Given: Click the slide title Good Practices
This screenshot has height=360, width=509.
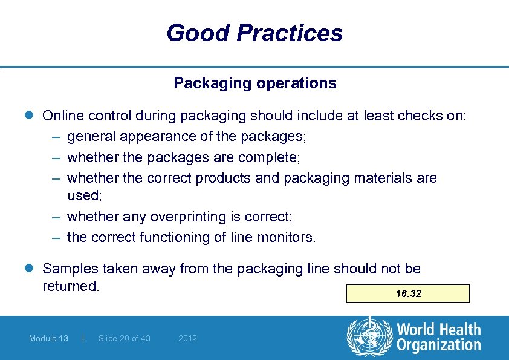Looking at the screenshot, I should pos(254,33).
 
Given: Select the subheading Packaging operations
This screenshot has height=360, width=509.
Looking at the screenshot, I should pos(254,83).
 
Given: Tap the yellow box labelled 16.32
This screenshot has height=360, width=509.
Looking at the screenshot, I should pos(408,293).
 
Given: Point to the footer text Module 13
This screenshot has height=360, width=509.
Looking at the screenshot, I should pos(48,338).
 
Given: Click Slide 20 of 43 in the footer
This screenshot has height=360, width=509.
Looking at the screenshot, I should pos(125,338).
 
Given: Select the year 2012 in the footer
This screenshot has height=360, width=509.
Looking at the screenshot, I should pos(187,338).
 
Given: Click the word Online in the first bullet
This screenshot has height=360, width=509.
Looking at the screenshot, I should pos(63,116).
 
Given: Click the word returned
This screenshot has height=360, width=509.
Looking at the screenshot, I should pos(70,286).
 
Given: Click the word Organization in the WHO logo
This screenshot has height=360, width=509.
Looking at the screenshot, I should pos(439,345).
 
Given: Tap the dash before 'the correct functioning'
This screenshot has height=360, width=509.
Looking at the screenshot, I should pos(56,237).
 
